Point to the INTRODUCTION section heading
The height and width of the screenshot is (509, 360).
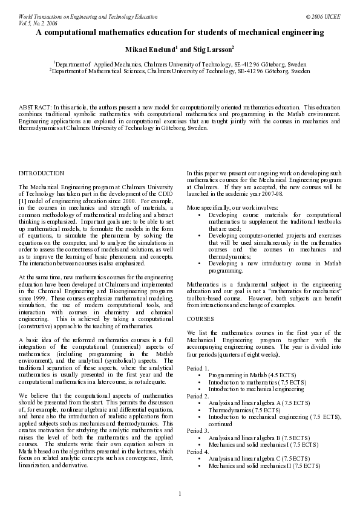(x=42, y=173)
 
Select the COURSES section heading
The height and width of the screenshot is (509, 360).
(x=200, y=318)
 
